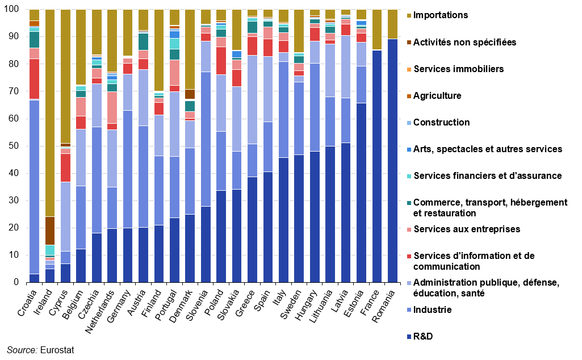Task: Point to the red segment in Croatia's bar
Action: coord(35,79)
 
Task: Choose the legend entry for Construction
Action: coord(441,123)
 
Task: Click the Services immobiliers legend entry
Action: coord(458,69)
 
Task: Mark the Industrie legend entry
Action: coord(432,310)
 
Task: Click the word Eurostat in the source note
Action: coord(57,350)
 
